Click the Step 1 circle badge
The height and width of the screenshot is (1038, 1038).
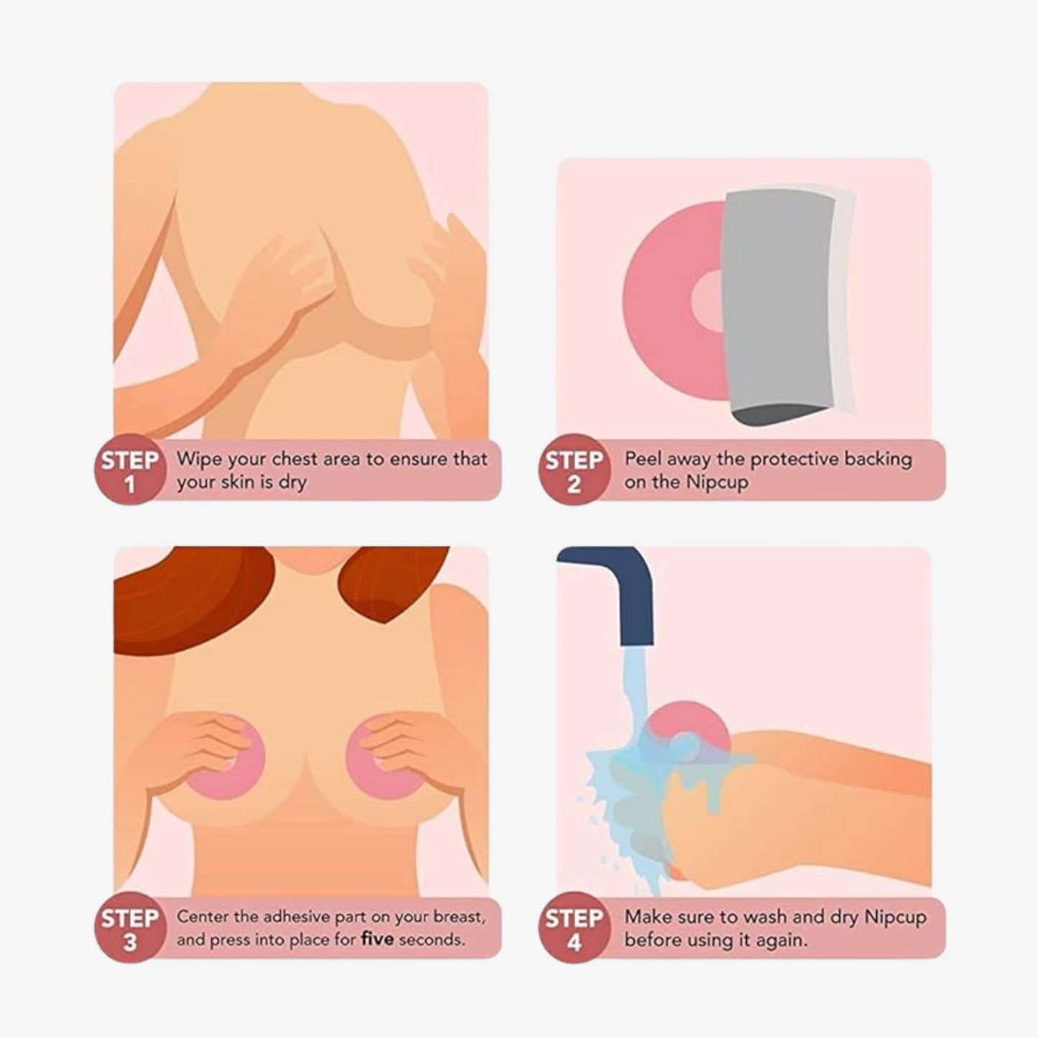tap(129, 471)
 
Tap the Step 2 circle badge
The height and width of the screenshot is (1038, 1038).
tap(573, 471)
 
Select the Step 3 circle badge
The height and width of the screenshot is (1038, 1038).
tap(129, 929)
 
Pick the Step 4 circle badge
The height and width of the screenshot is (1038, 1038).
tap(573, 929)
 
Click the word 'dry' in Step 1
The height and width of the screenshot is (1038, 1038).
tap(292, 483)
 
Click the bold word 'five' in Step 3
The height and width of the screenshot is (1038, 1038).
tap(376, 940)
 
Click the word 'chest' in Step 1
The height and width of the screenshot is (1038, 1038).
tap(295, 459)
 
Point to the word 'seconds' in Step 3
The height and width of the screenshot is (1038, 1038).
tap(431, 940)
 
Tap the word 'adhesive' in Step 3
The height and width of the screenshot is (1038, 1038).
tap(294, 917)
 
